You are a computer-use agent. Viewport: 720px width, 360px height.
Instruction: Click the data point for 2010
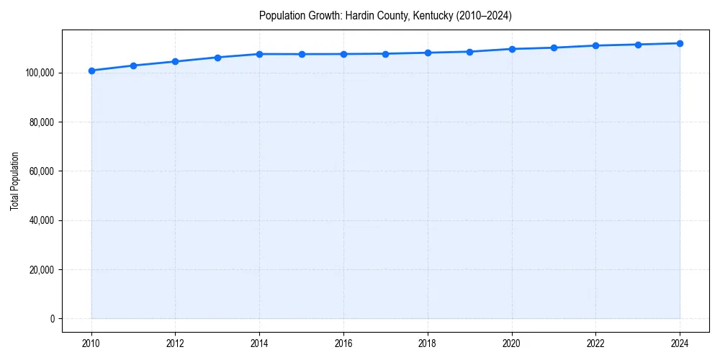pyautogui.click(x=91, y=71)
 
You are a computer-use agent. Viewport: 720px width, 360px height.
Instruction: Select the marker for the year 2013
pyautogui.click(x=217, y=58)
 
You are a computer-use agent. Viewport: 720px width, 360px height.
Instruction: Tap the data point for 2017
pyautogui.click(x=386, y=54)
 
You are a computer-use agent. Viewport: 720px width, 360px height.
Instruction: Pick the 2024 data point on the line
pyautogui.click(x=680, y=43)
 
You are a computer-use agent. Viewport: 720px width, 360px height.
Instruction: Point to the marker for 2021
pyautogui.click(x=554, y=48)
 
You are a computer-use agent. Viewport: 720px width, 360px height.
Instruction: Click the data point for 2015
pyautogui.click(x=302, y=54)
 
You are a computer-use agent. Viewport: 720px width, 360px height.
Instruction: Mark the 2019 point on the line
pyautogui.click(x=469, y=52)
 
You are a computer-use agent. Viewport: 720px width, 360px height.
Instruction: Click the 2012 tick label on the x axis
pyautogui.click(x=176, y=342)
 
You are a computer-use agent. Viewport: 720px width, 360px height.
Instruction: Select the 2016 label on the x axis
pyautogui.click(x=343, y=342)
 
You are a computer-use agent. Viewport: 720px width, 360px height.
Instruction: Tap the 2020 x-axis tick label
pyautogui.click(x=512, y=342)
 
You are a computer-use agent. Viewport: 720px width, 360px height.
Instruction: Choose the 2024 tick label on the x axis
pyautogui.click(x=680, y=342)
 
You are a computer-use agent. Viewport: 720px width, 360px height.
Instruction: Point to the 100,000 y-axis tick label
pyautogui.click(x=39, y=73)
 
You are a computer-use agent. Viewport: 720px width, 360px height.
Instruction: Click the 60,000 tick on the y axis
pyautogui.click(x=41, y=171)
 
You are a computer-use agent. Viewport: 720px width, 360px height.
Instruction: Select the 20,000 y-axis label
pyautogui.click(x=41, y=270)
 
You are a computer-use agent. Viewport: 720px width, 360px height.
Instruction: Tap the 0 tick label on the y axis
pyautogui.click(x=51, y=319)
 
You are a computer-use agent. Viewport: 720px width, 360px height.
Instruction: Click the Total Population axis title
pyautogui.click(x=14, y=181)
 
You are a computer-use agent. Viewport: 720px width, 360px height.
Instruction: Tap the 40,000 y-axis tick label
pyautogui.click(x=41, y=220)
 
